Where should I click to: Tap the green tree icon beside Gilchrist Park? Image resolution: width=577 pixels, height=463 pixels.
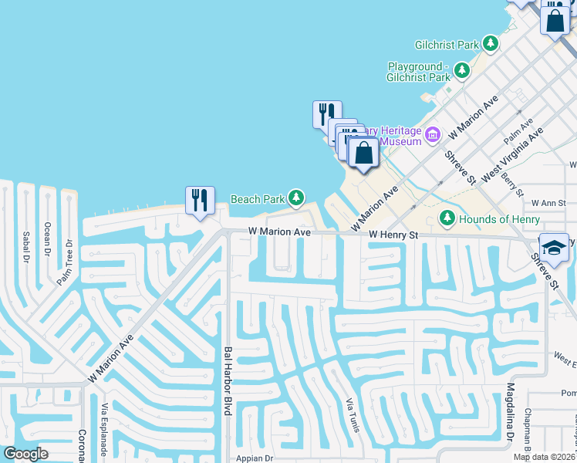point(491,44)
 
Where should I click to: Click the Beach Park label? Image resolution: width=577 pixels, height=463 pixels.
point(258,199)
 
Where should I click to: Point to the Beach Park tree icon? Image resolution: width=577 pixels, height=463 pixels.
point(295,198)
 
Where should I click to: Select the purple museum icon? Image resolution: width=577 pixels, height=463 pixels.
point(432,135)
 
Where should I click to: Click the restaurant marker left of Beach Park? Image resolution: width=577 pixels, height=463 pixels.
point(200,201)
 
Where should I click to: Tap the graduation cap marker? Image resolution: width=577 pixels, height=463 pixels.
point(554,248)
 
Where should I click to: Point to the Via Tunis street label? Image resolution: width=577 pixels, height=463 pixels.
point(353,414)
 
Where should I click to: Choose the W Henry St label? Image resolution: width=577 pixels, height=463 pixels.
point(393,235)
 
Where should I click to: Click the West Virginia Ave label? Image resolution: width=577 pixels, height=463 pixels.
point(512,155)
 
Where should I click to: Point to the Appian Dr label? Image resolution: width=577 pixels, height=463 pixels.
point(255,458)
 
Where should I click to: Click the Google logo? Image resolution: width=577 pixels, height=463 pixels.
point(25,454)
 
